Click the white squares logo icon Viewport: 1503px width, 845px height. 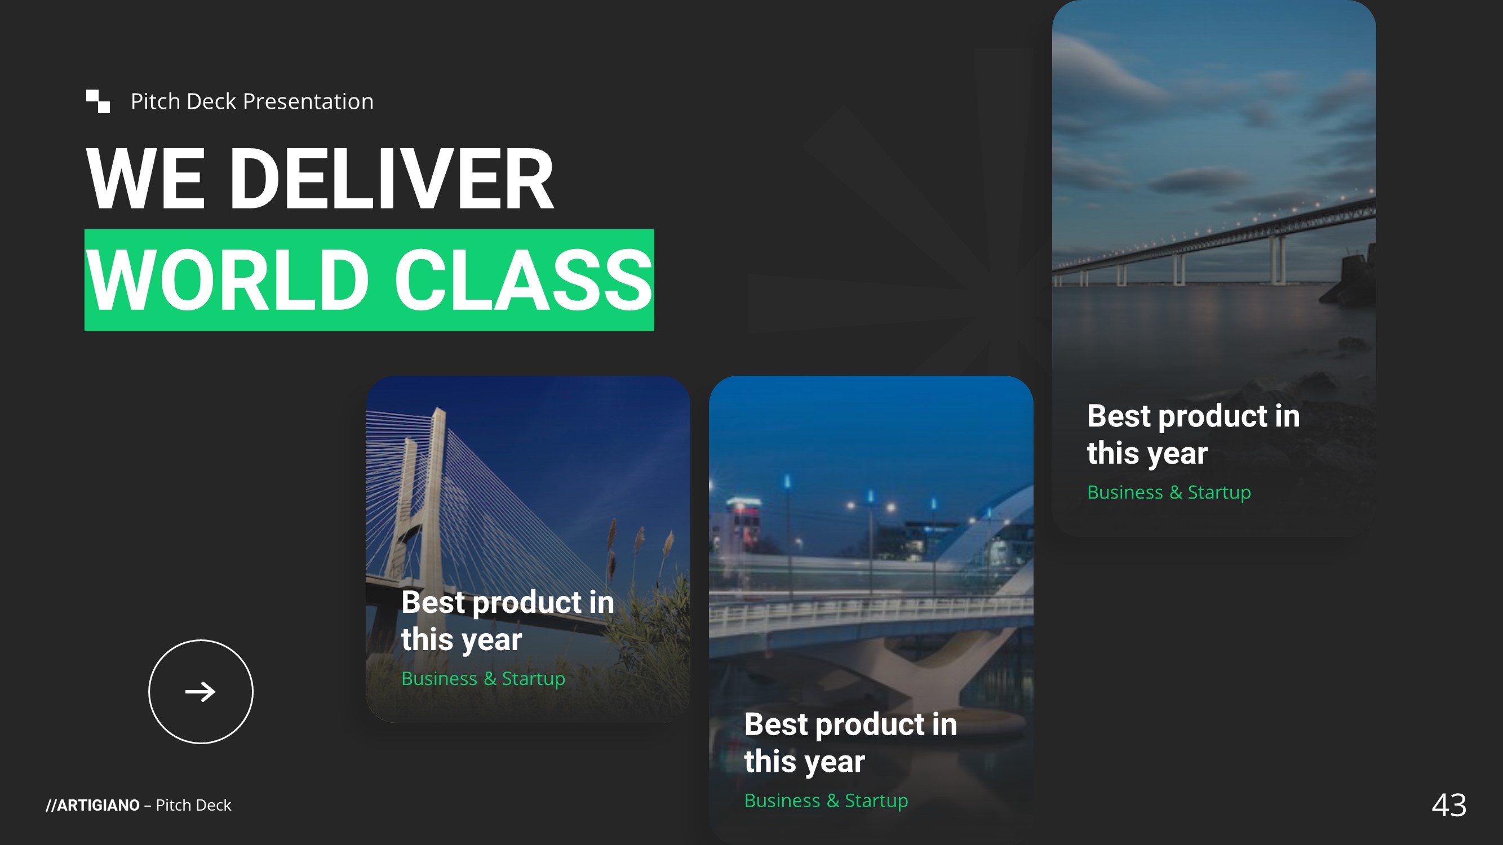click(98, 101)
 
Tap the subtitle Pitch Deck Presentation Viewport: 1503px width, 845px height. click(252, 101)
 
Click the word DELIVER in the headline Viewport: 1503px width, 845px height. click(391, 179)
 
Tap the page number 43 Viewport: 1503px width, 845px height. click(1449, 806)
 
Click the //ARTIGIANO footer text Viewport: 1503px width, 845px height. click(93, 806)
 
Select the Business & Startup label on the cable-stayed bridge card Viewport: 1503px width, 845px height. click(483, 679)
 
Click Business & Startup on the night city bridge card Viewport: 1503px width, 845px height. click(826, 800)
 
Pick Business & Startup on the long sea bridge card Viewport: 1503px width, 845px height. click(1169, 492)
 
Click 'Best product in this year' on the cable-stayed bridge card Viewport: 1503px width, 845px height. click(508, 620)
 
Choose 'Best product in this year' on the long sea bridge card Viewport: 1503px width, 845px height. click(1194, 434)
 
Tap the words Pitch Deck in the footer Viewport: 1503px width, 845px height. click(193, 806)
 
